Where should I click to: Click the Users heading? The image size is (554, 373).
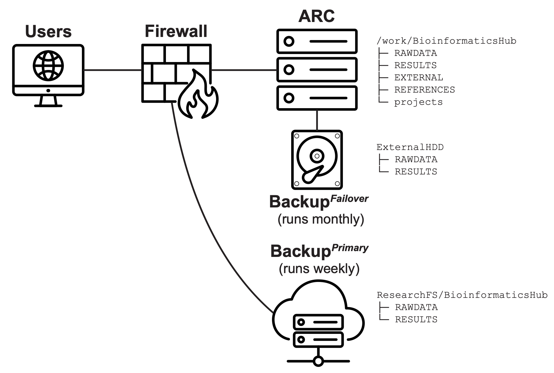[48, 32]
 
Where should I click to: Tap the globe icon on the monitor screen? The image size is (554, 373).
[48, 65]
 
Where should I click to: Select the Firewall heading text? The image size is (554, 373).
[176, 31]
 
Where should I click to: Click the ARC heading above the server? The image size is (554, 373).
[317, 16]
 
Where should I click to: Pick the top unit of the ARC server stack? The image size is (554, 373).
[317, 41]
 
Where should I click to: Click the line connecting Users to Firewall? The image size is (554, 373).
[112, 70]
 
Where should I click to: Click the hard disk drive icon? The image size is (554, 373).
[317, 160]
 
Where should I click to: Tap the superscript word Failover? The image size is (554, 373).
[349, 199]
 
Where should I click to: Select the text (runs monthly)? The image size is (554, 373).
[321, 219]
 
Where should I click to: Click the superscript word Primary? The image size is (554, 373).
[350, 248]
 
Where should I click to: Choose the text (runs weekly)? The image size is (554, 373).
[319, 269]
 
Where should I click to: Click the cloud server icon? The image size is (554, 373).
[318, 324]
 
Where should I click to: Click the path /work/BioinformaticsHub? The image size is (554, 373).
[446, 41]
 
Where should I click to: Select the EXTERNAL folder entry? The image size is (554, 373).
[418, 78]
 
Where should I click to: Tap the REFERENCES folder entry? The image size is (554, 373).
[424, 90]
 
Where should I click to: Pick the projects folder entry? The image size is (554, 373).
[418, 102]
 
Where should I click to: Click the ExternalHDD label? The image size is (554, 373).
[410, 147]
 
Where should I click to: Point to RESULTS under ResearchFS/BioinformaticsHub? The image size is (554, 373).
[416, 320]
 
